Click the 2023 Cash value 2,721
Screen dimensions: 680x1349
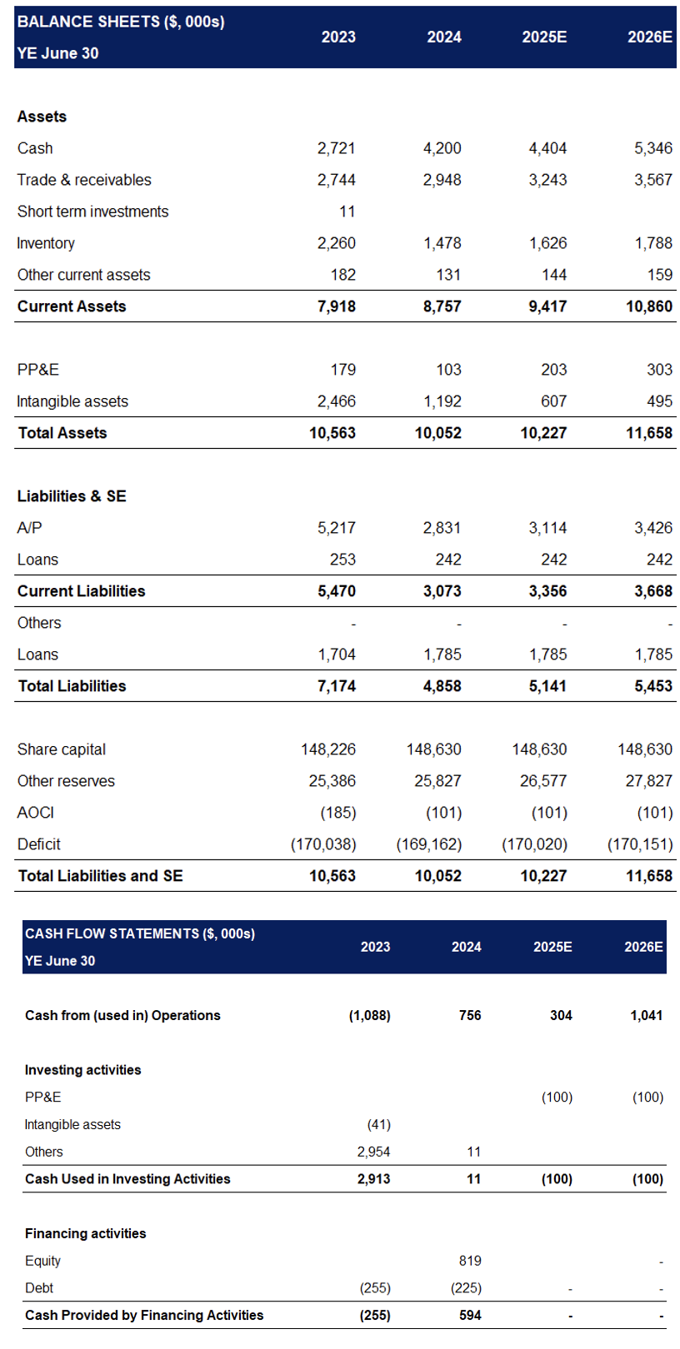pos(337,148)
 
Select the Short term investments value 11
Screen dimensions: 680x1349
pos(347,212)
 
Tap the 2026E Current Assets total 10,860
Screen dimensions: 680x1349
pos(649,306)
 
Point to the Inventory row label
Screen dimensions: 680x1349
pos(46,243)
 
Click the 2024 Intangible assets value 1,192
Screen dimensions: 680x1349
pos(442,401)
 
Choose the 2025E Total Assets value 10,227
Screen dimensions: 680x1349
pos(544,433)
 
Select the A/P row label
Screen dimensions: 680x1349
pos(29,528)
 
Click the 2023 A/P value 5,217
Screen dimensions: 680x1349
pos(337,528)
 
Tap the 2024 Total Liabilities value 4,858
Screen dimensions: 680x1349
pos(442,686)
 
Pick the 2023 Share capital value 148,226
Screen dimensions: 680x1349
pos(328,749)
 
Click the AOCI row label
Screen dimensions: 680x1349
pos(36,813)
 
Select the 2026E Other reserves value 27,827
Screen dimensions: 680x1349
pos(648,781)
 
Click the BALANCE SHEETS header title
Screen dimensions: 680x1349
pos(121,22)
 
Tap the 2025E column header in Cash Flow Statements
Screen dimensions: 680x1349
pos(552,947)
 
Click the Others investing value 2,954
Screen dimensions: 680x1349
pos(374,1152)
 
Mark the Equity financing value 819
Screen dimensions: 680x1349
pos(470,1261)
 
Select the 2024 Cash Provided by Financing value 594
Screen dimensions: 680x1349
pos(470,1316)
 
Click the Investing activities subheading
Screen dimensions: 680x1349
pos(83,1069)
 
